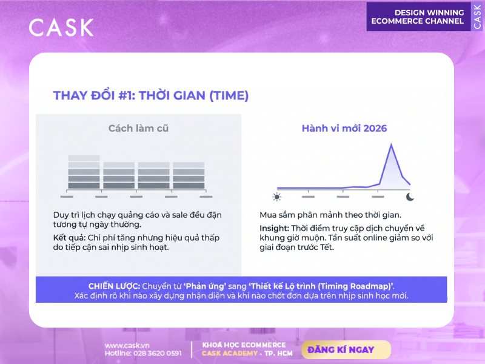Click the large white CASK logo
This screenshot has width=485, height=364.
(x=61, y=27)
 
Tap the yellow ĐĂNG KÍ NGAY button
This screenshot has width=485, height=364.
(x=346, y=350)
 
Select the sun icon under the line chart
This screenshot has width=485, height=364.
(x=277, y=197)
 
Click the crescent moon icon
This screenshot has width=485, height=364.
(x=410, y=197)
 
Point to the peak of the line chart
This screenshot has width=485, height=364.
(x=391, y=144)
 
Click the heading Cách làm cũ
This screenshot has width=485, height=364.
(x=138, y=128)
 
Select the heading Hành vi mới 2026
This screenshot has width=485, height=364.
(x=344, y=128)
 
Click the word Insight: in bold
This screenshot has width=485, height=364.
(x=274, y=229)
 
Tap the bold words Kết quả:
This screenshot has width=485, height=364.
(x=69, y=238)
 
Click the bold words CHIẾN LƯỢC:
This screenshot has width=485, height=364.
(x=114, y=286)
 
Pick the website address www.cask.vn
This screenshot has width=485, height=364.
(x=127, y=345)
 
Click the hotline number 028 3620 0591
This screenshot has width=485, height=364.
(x=158, y=353)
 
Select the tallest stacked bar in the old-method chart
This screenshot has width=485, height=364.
(x=84, y=172)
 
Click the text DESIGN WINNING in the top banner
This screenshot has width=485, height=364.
(x=429, y=13)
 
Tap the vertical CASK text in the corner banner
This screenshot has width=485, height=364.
(x=478, y=17)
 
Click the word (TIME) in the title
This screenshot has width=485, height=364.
(x=229, y=96)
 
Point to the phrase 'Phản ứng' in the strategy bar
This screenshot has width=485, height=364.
(x=205, y=286)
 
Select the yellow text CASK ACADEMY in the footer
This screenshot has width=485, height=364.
(x=230, y=354)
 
